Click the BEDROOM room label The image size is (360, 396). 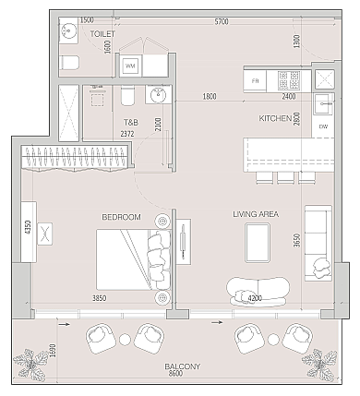121,217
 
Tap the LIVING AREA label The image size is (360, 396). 256,214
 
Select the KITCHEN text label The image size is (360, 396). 275,118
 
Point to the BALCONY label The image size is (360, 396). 183,366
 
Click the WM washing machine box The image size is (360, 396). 131,66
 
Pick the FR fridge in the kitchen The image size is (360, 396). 255,81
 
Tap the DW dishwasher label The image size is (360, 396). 323,126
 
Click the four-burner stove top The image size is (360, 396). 289,79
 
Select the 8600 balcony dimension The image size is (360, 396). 175,374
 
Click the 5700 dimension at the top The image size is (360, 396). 222,21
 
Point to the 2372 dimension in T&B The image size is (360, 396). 127,134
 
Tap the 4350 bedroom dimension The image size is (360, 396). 28,227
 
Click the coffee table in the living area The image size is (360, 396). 258,243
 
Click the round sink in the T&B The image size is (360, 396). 158,94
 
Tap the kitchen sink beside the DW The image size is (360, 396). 324,103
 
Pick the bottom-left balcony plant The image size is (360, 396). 30,366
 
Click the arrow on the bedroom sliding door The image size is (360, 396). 65,324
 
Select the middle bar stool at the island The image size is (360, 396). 285,177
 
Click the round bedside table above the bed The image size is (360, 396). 162,221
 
